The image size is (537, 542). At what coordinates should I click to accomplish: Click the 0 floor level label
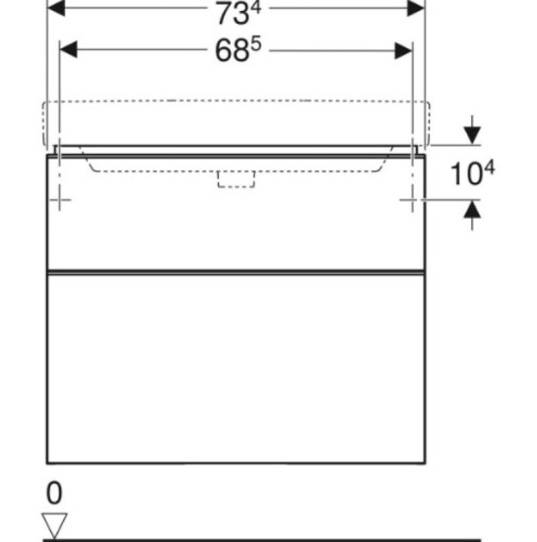click(x=55, y=493)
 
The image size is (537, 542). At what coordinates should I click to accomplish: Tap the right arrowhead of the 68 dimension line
click(x=405, y=48)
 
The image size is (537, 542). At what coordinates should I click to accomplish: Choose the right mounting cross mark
click(x=411, y=201)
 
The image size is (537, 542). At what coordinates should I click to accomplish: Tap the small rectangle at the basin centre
click(x=236, y=177)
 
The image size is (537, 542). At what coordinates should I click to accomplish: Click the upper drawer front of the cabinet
click(x=236, y=227)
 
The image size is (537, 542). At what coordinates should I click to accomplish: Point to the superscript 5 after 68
click(x=254, y=43)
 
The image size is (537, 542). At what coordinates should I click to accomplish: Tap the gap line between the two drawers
click(x=236, y=269)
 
